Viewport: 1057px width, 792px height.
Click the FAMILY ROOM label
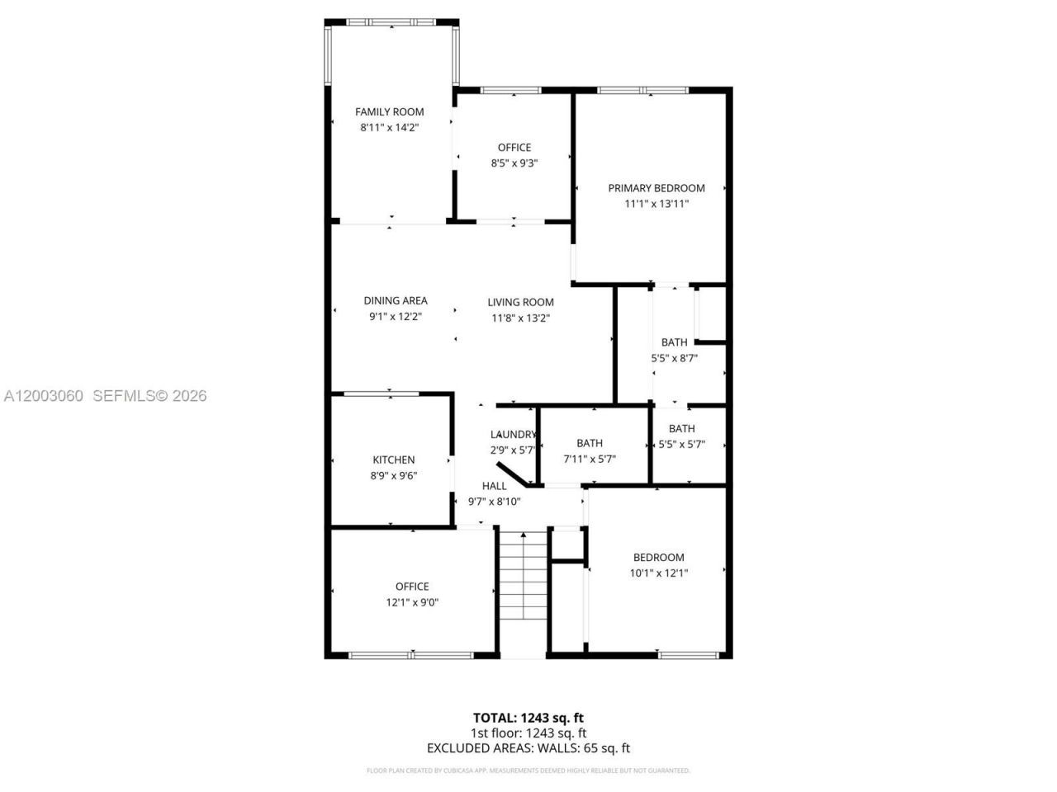(x=389, y=112)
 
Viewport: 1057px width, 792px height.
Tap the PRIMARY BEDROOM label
(x=656, y=188)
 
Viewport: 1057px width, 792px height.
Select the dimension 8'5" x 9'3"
(x=514, y=163)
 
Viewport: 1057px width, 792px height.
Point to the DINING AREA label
(x=396, y=301)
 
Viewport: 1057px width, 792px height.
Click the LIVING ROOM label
(x=520, y=303)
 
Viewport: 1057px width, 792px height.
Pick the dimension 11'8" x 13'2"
(x=520, y=318)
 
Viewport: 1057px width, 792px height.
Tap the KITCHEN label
(x=393, y=460)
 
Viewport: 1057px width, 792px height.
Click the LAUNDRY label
(x=513, y=435)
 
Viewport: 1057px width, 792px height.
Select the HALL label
(x=494, y=486)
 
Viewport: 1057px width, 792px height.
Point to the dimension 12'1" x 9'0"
(x=412, y=602)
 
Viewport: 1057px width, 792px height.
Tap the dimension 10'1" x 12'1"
(x=658, y=573)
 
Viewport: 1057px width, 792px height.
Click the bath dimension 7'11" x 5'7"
(x=590, y=459)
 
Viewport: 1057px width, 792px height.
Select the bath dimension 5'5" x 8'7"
(x=674, y=358)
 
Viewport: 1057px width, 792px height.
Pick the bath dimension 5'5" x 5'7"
(x=681, y=444)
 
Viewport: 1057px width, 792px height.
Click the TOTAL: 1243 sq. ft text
(x=528, y=718)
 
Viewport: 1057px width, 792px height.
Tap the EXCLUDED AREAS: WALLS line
(x=528, y=748)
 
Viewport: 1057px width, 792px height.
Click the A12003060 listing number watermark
(x=43, y=396)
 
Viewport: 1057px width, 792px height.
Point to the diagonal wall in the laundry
(x=514, y=474)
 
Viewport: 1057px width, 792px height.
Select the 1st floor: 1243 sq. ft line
(x=528, y=733)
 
